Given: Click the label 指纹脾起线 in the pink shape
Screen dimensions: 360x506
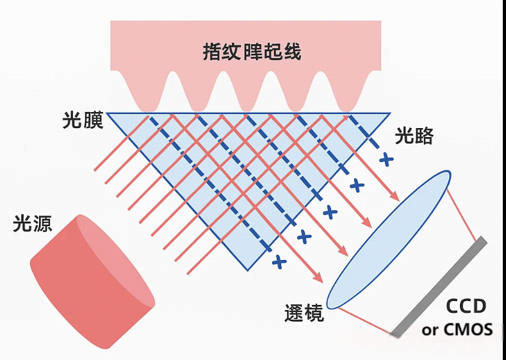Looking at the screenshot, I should (252, 52).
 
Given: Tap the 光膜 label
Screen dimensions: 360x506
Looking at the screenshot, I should (83, 120).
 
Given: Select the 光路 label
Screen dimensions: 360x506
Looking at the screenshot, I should (414, 136).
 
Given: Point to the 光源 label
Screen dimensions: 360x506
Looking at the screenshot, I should (33, 224).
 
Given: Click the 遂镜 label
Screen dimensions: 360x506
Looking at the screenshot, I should (304, 314).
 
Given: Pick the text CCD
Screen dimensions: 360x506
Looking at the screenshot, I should (466, 306).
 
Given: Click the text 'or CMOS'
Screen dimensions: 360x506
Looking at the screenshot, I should (457, 330).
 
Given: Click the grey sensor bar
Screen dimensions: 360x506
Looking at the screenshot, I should (439, 286).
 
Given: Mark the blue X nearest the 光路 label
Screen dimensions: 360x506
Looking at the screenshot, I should (385, 159).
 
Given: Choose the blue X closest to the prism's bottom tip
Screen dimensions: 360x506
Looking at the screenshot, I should (278, 261).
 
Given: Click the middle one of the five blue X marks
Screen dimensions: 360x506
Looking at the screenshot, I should (330, 211).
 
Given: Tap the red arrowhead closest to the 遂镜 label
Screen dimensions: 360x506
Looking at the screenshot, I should (318, 278).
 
